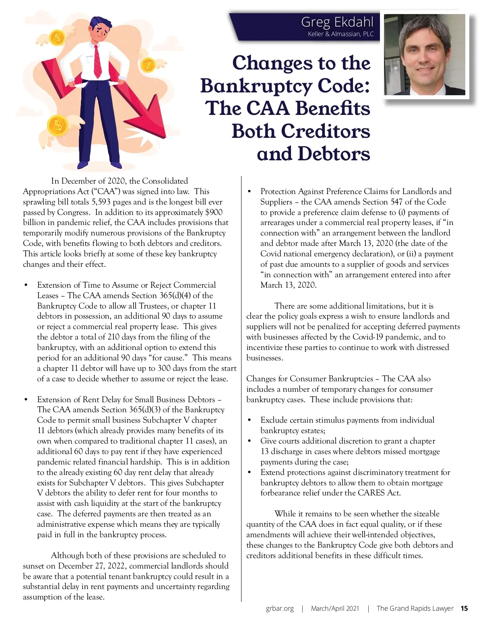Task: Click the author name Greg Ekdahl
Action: pos(337,22)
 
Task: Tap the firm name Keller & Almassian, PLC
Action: pos(341,34)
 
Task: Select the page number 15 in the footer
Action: pos(464,608)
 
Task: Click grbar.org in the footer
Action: pos(280,608)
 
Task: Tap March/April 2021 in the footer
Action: pos(335,608)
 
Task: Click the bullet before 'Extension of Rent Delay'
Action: pos(26,399)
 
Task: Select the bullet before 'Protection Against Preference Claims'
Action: pos(250,192)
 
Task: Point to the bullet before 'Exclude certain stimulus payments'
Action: pos(250,420)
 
